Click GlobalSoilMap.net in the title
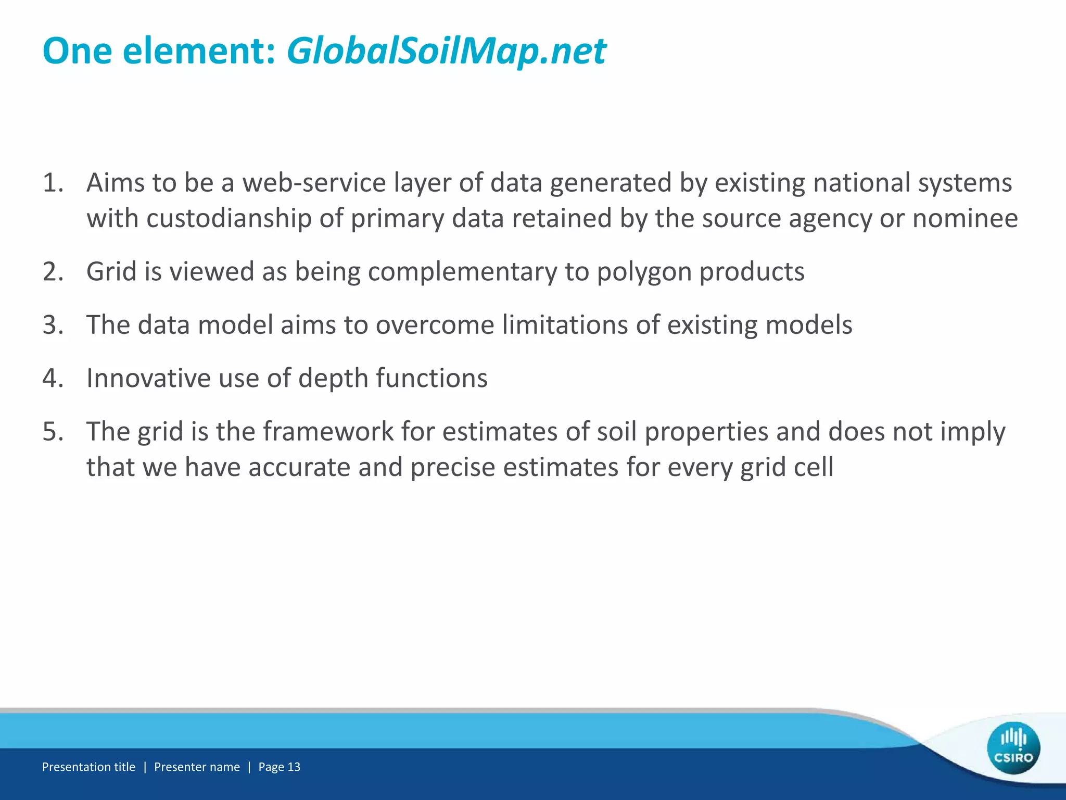click(446, 52)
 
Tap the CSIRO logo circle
click(1013, 748)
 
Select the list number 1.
click(53, 183)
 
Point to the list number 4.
click(53, 378)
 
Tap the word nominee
click(965, 218)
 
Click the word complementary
click(463, 272)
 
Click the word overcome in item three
click(435, 325)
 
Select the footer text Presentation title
click(88, 767)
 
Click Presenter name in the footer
click(197, 767)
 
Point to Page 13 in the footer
click(279, 767)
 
